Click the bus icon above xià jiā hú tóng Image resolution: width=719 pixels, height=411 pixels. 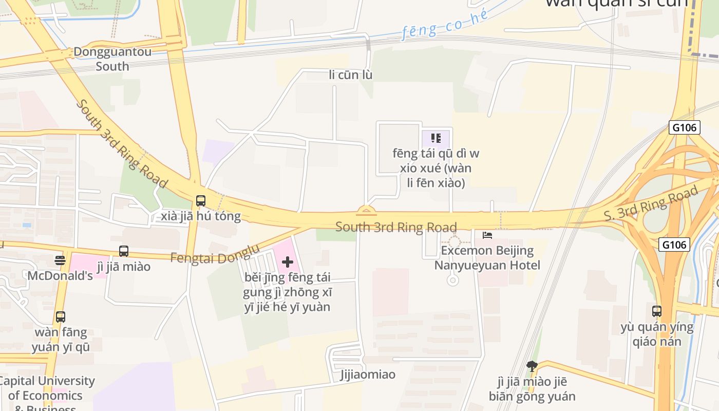(x=201, y=201)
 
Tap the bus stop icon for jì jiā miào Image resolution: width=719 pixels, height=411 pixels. (x=124, y=251)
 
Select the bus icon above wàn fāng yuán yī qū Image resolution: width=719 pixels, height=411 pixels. (x=61, y=317)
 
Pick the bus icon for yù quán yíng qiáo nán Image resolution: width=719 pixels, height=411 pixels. (x=657, y=311)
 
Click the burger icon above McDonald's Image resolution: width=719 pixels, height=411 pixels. (x=60, y=260)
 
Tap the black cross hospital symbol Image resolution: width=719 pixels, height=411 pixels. (x=288, y=263)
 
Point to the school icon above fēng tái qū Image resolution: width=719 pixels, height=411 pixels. (x=436, y=138)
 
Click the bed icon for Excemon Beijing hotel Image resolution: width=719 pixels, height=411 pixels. (x=487, y=235)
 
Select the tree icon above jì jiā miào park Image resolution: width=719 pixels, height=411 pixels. (x=532, y=366)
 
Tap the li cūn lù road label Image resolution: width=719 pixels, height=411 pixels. (x=351, y=75)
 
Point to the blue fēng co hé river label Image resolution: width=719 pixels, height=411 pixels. (x=445, y=24)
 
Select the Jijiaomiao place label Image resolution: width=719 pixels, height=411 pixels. (x=368, y=374)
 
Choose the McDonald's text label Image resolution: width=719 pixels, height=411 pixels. (x=60, y=275)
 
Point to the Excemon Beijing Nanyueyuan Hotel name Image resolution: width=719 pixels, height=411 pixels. (x=487, y=258)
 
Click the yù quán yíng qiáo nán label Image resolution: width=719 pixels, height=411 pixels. (x=657, y=334)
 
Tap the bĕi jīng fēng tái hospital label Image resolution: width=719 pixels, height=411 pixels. (x=288, y=292)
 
